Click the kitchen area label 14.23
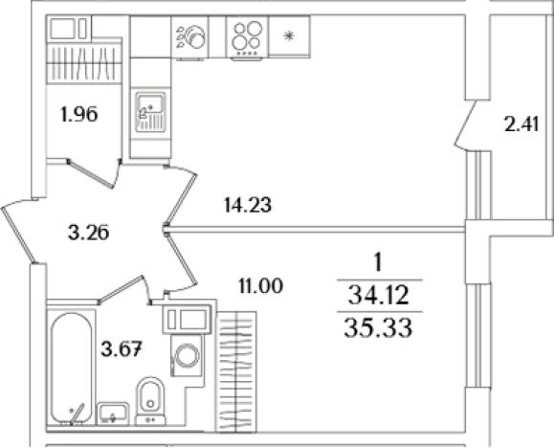click(x=248, y=205)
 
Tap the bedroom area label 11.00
click(x=261, y=285)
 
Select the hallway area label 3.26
click(x=88, y=233)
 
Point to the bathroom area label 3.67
click(x=122, y=349)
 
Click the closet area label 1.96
click(x=79, y=115)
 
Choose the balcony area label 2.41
click(x=521, y=124)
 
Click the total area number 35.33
click(x=378, y=328)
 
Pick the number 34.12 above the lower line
click(x=378, y=296)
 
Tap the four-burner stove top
click(x=247, y=38)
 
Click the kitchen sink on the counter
click(x=151, y=112)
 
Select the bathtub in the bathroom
click(x=71, y=369)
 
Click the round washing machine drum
click(x=188, y=355)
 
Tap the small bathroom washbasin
click(x=113, y=414)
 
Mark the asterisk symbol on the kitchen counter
click(x=289, y=35)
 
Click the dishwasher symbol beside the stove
click(x=190, y=37)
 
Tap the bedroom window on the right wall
click(x=477, y=335)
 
